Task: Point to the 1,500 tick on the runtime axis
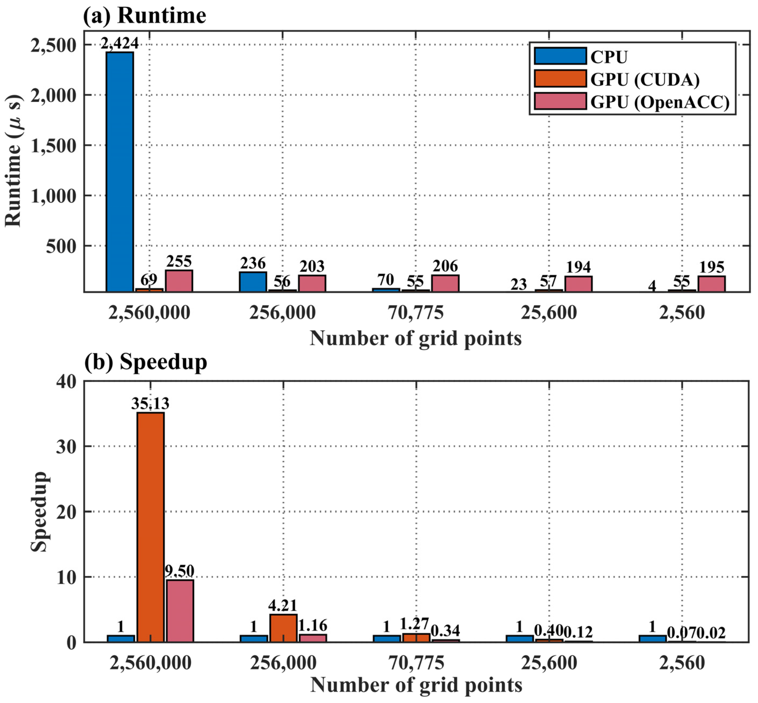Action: [x=53, y=145]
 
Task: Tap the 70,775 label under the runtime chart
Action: [x=415, y=313]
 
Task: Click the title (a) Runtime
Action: [x=145, y=16]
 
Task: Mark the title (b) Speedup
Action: [x=146, y=362]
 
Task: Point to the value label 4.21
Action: [x=282, y=605]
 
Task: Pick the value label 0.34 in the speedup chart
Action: [x=445, y=631]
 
